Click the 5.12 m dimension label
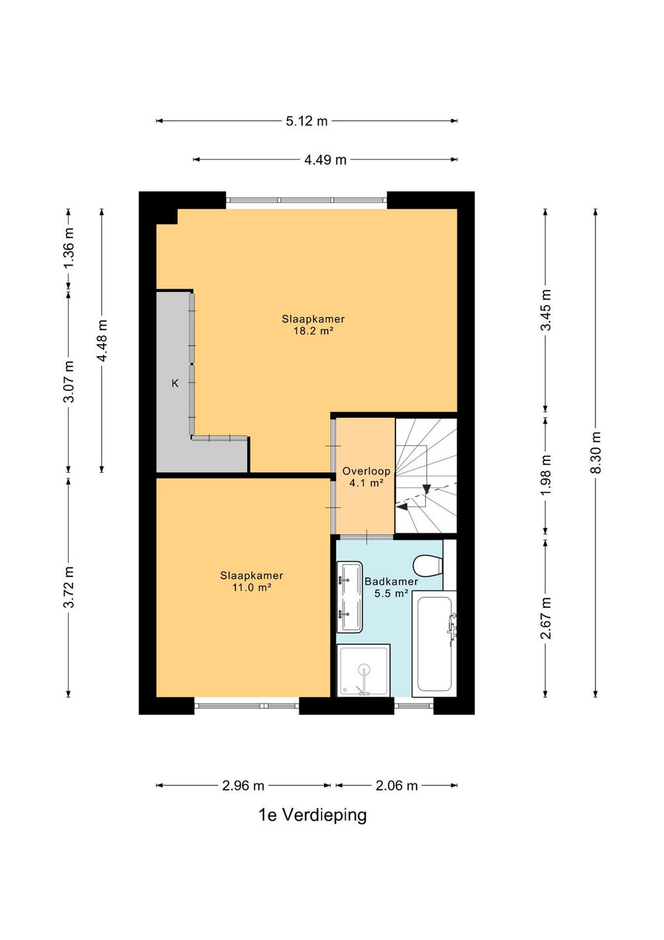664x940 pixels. [x=307, y=121]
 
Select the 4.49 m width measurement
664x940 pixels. [x=325, y=159]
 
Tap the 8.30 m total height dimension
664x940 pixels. [x=596, y=452]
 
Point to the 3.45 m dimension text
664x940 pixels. [x=545, y=310]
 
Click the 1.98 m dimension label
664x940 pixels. [x=545, y=475]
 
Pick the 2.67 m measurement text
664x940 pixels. [x=545, y=618]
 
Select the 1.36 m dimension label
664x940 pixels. [x=68, y=248]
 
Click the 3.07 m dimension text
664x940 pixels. [x=68, y=381]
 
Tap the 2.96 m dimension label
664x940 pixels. [x=243, y=785]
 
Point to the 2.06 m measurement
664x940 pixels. [x=397, y=785]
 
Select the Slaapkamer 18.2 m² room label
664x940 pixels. [x=313, y=325]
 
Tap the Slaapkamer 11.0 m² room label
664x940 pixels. [x=252, y=581]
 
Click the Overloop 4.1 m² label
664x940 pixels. [x=367, y=477]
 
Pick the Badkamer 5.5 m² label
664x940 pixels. [x=391, y=587]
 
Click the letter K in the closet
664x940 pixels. [x=175, y=383]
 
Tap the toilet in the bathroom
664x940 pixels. [x=428, y=566]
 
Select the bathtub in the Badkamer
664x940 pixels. [x=434, y=644]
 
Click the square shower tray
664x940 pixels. [x=364, y=670]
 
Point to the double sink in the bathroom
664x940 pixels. [x=350, y=597]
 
